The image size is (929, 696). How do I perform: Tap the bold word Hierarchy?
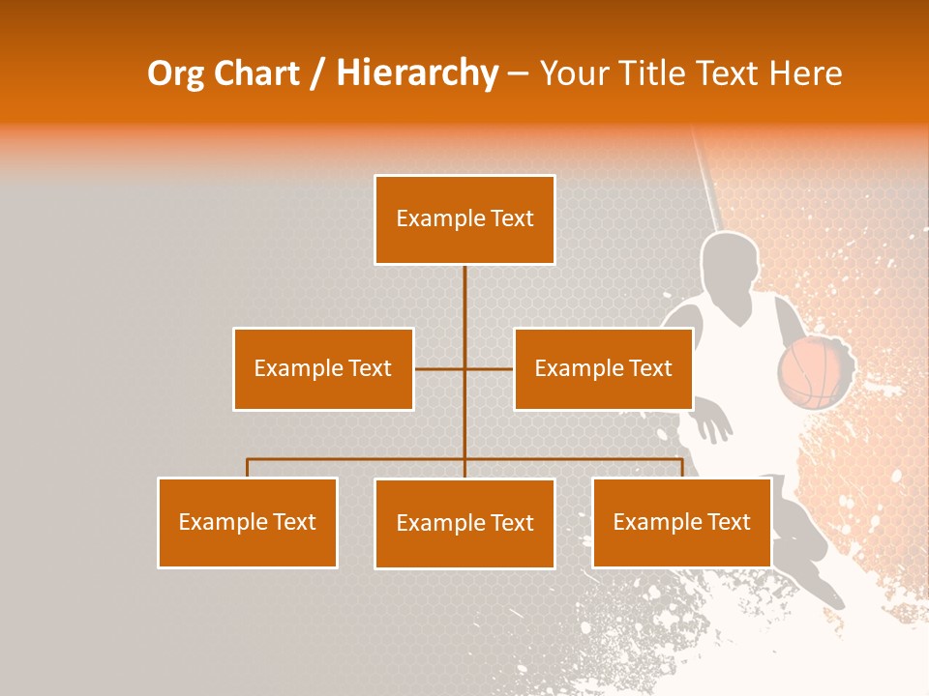(417, 74)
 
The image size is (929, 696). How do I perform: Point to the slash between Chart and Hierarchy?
(317, 74)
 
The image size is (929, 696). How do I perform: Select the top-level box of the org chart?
(464, 219)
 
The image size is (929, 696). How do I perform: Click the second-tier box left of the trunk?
(323, 368)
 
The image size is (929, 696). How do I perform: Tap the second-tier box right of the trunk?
(603, 368)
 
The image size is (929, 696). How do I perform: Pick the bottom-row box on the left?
(248, 522)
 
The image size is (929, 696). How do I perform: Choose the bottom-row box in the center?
(464, 523)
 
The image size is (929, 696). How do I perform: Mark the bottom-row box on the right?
(681, 522)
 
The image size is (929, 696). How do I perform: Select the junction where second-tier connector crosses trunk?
(464, 368)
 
